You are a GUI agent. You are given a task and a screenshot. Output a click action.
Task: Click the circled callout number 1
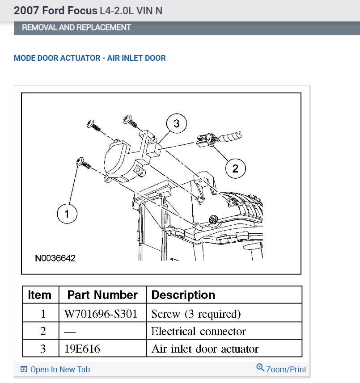[67, 214]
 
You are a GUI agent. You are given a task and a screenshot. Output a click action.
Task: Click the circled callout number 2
[235, 168]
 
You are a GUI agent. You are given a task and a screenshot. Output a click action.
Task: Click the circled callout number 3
[176, 123]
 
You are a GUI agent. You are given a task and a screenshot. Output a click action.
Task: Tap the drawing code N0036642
[55, 258]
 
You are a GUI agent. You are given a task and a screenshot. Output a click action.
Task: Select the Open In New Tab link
[55, 369]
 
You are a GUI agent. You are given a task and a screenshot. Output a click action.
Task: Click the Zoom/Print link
[282, 369]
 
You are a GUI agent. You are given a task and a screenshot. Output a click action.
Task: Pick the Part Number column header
[102, 295]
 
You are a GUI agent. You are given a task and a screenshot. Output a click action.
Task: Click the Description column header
[183, 295]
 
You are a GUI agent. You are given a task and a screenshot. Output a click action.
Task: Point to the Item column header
[40, 295]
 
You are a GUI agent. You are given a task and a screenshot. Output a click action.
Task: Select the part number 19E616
[82, 349]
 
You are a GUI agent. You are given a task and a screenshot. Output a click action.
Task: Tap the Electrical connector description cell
[199, 331]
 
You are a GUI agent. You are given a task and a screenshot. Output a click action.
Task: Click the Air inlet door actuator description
[205, 349]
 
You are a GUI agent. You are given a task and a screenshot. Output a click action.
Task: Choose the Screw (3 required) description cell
[196, 314]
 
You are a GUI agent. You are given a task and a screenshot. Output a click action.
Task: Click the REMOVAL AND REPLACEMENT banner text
[76, 27]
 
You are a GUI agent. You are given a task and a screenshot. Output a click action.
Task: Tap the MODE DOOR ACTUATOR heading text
[57, 58]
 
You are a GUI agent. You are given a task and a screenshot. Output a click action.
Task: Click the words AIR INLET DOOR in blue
[136, 58]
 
